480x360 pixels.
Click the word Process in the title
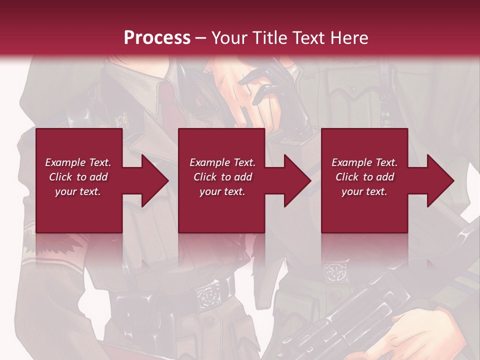point(157,37)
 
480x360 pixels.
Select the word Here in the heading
point(348,37)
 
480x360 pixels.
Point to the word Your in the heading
point(229,37)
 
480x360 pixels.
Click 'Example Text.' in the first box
point(78,162)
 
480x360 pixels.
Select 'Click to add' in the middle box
point(222,177)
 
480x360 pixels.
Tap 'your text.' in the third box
point(364,191)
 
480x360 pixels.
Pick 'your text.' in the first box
point(78,191)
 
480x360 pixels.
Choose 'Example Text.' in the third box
point(364,162)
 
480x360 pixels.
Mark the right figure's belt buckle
point(332,273)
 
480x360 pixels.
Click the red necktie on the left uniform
point(175,112)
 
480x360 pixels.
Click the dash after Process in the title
point(201,38)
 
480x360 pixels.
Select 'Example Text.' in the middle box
point(222,162)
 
